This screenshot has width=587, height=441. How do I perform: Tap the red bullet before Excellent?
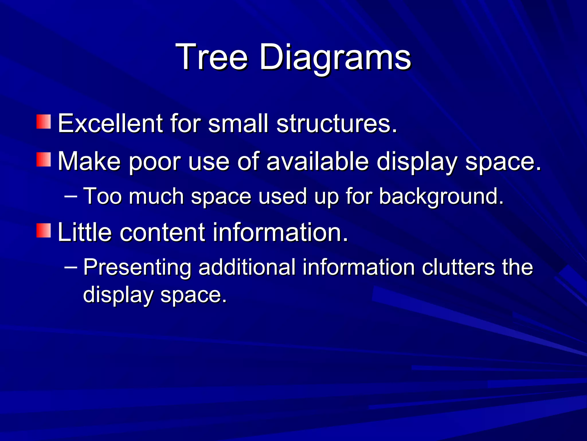point(44,122)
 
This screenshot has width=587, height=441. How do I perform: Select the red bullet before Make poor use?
point(44,160)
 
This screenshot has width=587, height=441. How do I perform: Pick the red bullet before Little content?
point(44,231)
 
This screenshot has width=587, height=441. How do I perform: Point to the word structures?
point(337,123)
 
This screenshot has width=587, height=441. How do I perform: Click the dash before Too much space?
point(71,196)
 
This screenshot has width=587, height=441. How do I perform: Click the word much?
point(156,196)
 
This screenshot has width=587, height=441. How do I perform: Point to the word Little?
point(85,232)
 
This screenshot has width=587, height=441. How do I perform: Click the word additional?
point(247,267)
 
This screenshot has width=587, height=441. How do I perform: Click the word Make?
point(89,161)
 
